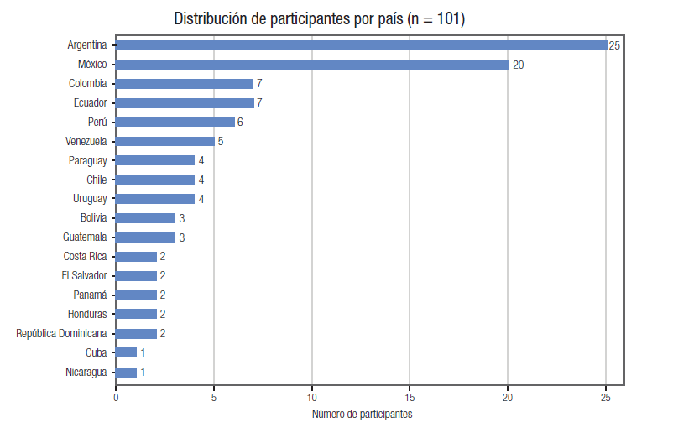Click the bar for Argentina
(362, 45)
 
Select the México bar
(312, 65)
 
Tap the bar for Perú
(175, 122)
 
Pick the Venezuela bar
(165, 141)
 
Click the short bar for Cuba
(126, 352)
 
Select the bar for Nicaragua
(126, 372)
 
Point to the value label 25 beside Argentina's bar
(614, 45)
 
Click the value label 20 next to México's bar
(518, 65)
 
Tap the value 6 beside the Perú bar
(240, 123)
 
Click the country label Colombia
(87, 83)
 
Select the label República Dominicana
(61, 333)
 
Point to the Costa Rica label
(85, 256)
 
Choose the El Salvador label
(84, 275)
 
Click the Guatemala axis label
(85, 237)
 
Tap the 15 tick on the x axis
(410, 398)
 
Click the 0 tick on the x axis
(116, 398)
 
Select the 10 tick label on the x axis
(312, 398)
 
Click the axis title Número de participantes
(362, 414)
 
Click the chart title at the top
(320, 19)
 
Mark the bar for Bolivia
(145, 218)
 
